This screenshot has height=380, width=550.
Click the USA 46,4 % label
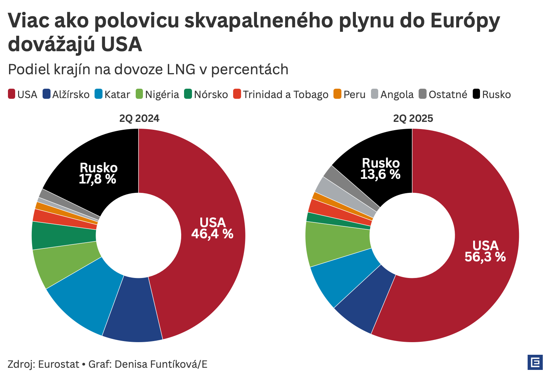[212, 228]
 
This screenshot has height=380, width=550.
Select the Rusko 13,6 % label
[380, 169]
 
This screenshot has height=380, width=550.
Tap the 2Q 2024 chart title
[139, 119]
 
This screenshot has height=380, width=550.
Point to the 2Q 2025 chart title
[413, 119]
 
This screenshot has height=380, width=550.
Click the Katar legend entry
[112, 94]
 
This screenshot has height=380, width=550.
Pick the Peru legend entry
[350, 94]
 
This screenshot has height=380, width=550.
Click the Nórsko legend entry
[206, 94]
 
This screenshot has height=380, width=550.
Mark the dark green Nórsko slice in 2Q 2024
[63, 235]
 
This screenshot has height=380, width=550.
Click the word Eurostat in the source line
[58, 364]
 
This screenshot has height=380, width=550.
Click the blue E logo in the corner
[535, 362]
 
